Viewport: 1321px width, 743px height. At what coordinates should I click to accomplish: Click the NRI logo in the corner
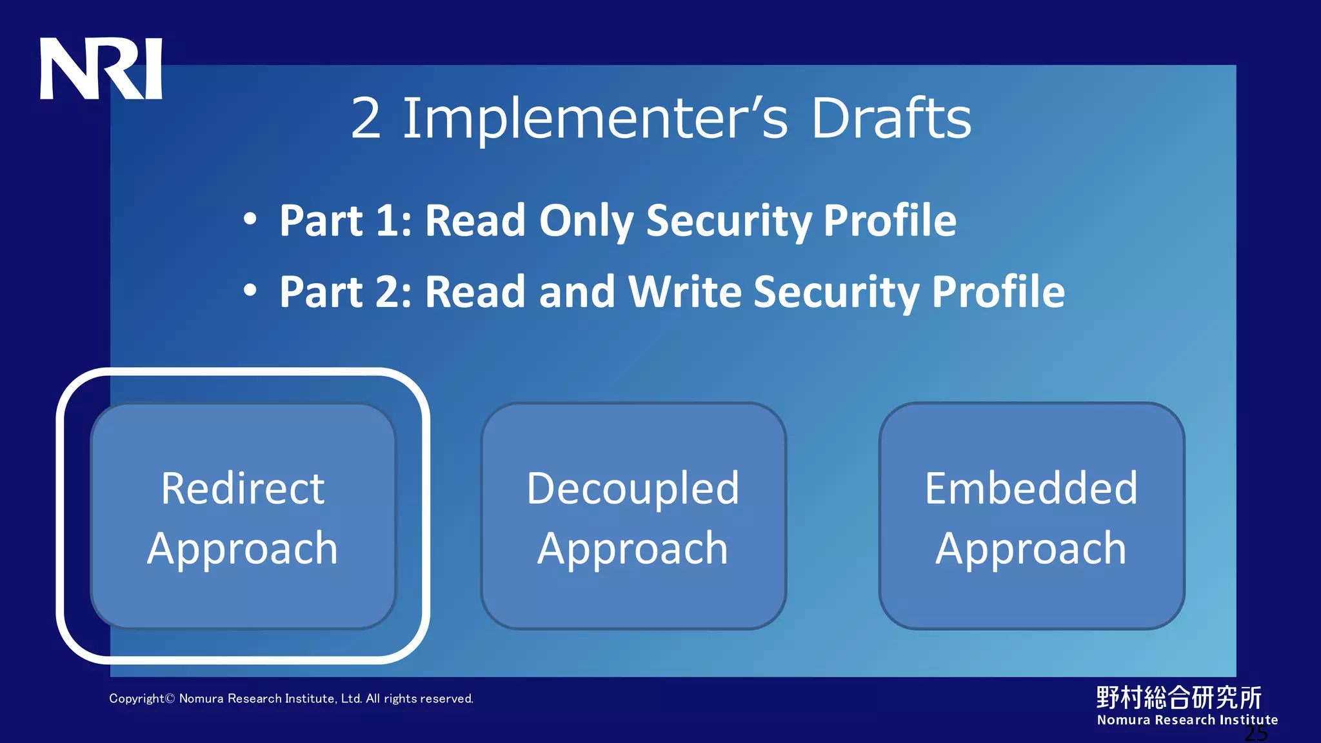pos(101,69)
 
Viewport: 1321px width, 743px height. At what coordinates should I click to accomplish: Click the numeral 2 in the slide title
pos(366,119)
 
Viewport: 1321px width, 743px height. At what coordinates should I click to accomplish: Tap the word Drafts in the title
pos(891,119)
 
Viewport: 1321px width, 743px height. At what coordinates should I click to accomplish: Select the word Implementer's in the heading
pos(595,119)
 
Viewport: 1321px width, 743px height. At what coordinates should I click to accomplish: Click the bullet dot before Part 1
pos(250,220)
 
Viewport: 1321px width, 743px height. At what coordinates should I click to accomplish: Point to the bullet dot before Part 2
pos(250,291)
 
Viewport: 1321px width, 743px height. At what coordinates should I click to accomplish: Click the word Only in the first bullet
pos(586,221)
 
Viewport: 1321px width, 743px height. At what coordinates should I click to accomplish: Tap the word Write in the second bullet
pos(684,292)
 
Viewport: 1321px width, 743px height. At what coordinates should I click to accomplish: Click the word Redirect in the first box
pos(243,488)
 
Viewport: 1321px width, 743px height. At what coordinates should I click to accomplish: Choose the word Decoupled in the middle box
pos(633,488)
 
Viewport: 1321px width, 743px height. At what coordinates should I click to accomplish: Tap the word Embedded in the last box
pos(1031,488)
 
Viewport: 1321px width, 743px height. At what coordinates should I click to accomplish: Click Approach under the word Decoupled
pos(633,550)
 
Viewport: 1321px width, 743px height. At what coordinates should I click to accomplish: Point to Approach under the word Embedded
pos(1031,550)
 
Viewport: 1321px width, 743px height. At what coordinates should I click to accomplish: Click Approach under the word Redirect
pos(243,550)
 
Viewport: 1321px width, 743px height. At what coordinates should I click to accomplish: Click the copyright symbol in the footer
pos(170,698)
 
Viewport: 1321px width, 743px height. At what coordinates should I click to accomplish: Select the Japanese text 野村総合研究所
pos(1178,697)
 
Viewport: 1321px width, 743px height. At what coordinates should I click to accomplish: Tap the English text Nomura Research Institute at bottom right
pos(1187,720)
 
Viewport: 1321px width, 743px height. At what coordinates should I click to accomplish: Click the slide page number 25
pos(1256,733)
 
